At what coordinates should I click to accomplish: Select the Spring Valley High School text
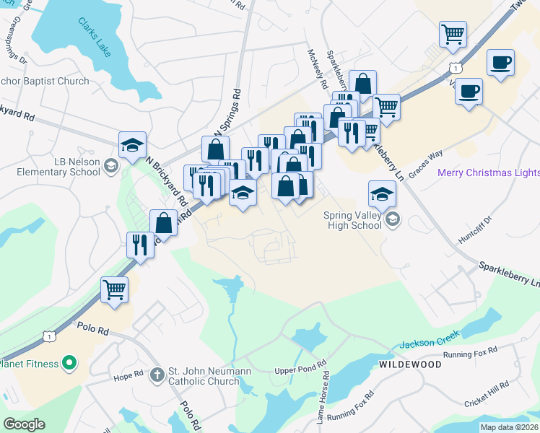[x=352, y=219]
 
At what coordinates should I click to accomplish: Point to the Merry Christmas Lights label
[x=488, y=172]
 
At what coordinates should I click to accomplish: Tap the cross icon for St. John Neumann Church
[x=158, y=375]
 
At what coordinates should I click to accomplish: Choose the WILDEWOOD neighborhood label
[x=410, y=365]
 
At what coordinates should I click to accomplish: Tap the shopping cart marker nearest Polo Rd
[x=114, y=290]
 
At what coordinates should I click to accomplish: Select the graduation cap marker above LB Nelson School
[x=132, y=144]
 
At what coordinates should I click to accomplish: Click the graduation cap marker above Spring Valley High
[x=382, y=193]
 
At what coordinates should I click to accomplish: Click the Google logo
[x=24, y=424]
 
